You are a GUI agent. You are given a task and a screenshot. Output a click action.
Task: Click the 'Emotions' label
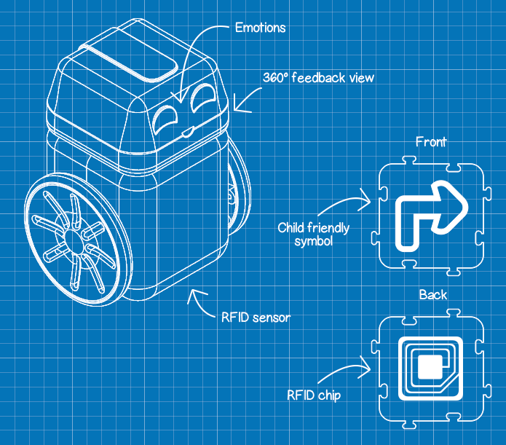pos(260,28)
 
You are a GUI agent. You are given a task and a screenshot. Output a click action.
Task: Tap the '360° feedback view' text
pos(318,76)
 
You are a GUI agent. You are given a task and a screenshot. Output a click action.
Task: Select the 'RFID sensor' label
pos(255,317)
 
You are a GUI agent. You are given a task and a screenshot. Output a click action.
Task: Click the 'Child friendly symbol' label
pos(314,235)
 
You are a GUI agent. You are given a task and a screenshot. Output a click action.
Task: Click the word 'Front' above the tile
pos(431,142)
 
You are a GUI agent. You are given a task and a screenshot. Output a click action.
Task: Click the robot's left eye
pos(169,114)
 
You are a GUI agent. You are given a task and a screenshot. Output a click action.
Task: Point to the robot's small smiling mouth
pos(188,132)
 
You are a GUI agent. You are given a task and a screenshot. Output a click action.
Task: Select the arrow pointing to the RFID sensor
pos(198,300)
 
